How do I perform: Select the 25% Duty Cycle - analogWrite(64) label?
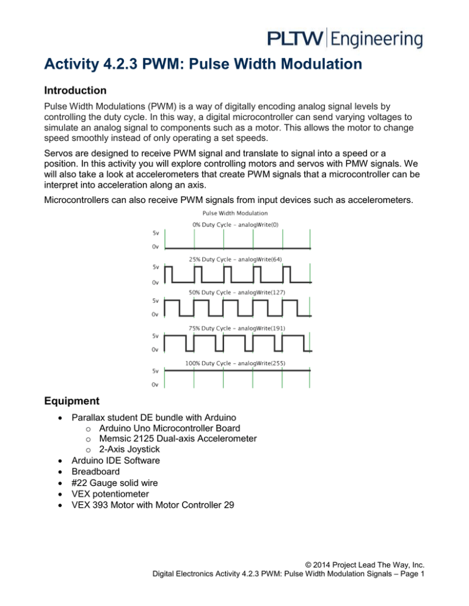tap(238, 259)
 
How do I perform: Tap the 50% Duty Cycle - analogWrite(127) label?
tap(238, 294)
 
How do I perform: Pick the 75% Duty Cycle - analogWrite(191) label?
tap(238, 329)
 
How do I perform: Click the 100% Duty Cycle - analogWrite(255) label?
tap(238, 363)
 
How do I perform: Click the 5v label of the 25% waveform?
tap(156, 266)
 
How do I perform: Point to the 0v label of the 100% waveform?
tap(156, 384)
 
